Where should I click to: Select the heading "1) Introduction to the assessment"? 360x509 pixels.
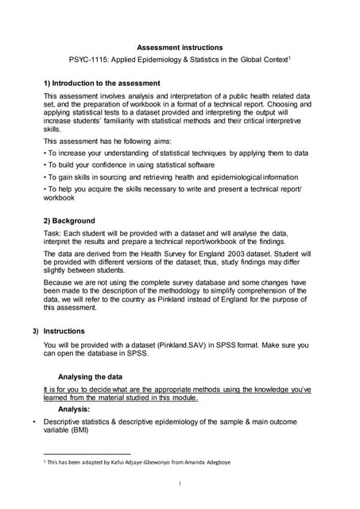102,83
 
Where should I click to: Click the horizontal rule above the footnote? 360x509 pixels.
87,454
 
